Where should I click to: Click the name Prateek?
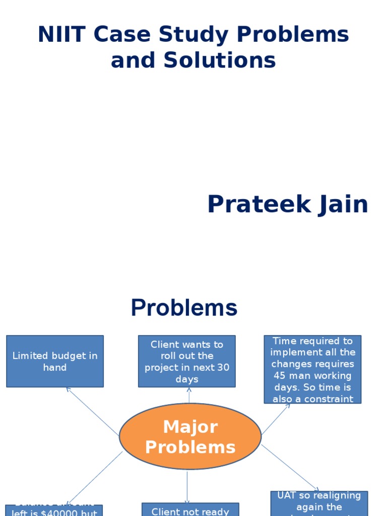pyautogui.click(x=255, y=205)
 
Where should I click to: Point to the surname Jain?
pyautogui.click(x=342, y=205)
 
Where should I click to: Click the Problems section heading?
pyautogui.click(x=184, y=307)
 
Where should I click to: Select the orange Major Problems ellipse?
pyautogui.click(x=190, y=436)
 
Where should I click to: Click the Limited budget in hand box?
pyautogui.click(x=55, y=361)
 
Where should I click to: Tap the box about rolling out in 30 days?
pyautogui.click(x=186, y=361)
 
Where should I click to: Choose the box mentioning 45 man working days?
pyautogui.click(x=312, y=369)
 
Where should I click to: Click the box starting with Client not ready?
pyautogui.click(x=190, y=510)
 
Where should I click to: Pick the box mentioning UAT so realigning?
pyautogui.click(x=319, y=503)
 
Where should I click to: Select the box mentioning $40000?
pyautogui.click(x=54, y=510)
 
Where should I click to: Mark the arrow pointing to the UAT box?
pyautogui.click(x=290, y=468)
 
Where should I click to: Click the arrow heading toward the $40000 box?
pyautogui.click(x=95, y=477)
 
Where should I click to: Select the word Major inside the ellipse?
pyautogui.click(x=190, y=427)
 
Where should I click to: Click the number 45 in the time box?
pyautogui.click(x=280, y=375)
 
